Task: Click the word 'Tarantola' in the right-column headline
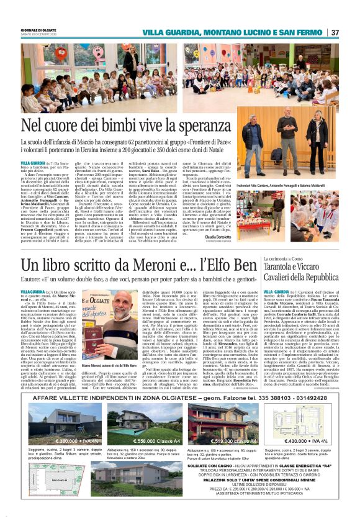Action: tap(287, 266)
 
